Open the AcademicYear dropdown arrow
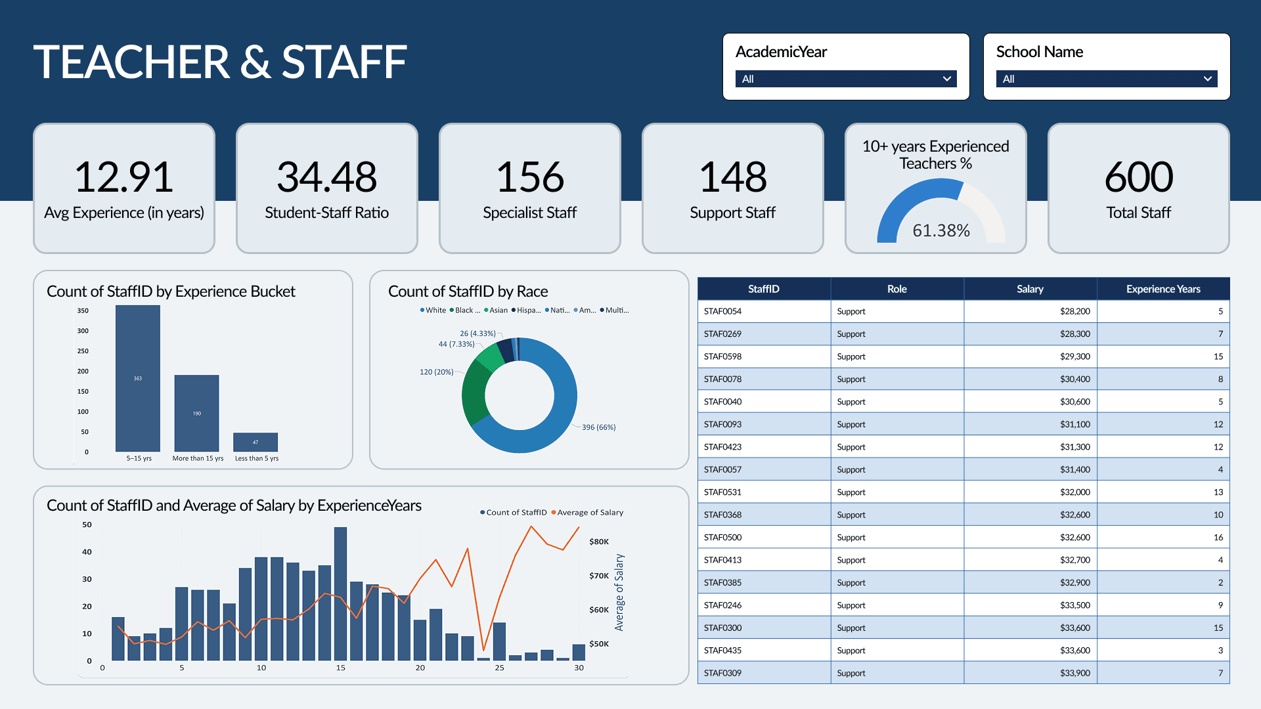(x=946, y=79)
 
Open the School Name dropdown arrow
(x=1207, y=79)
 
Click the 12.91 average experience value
(x=123, y=177)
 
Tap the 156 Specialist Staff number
(x=529, y=177)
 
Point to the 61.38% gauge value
(x=940, y=230)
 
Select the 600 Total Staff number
(x=1138, y=177)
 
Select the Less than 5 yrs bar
(x=255, y=442)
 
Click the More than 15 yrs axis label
(x=198, y=458)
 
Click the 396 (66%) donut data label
(x=598, y=427)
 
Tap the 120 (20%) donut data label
(x=436, y=372)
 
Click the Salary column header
(x=1029, y=289)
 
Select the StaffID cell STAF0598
(x=722, y=356)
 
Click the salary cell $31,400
(x=1074, y=469)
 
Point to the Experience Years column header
(x=1162, y=289)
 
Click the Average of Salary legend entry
(x=590, y=513)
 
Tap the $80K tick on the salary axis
(x=599, y=542)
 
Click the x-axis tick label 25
(x=499, y=668)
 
